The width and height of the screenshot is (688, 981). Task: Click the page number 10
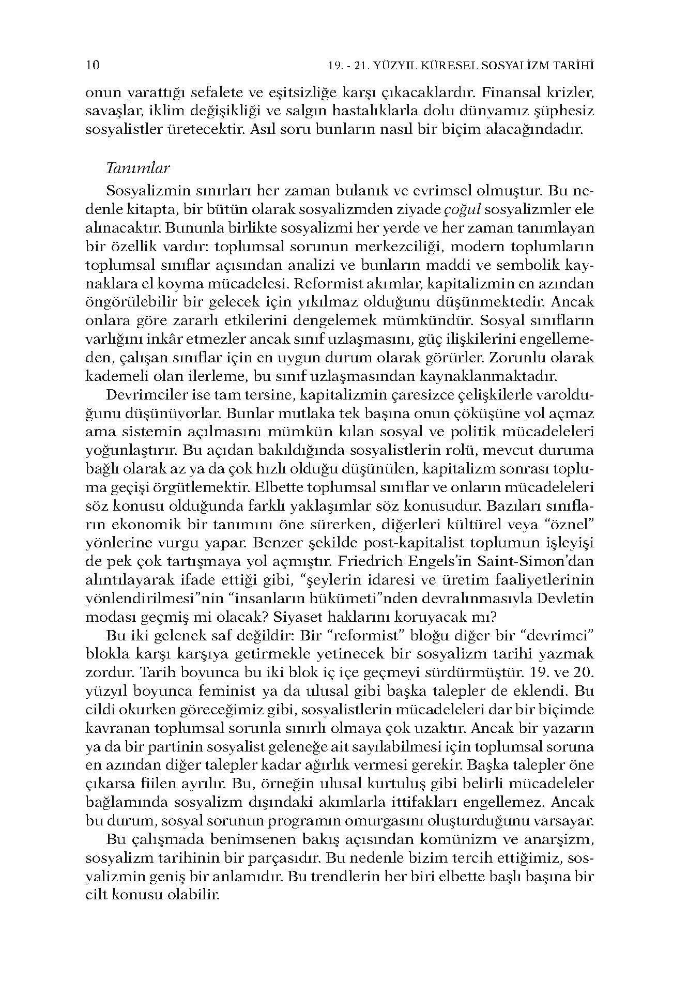tap(93, 66)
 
